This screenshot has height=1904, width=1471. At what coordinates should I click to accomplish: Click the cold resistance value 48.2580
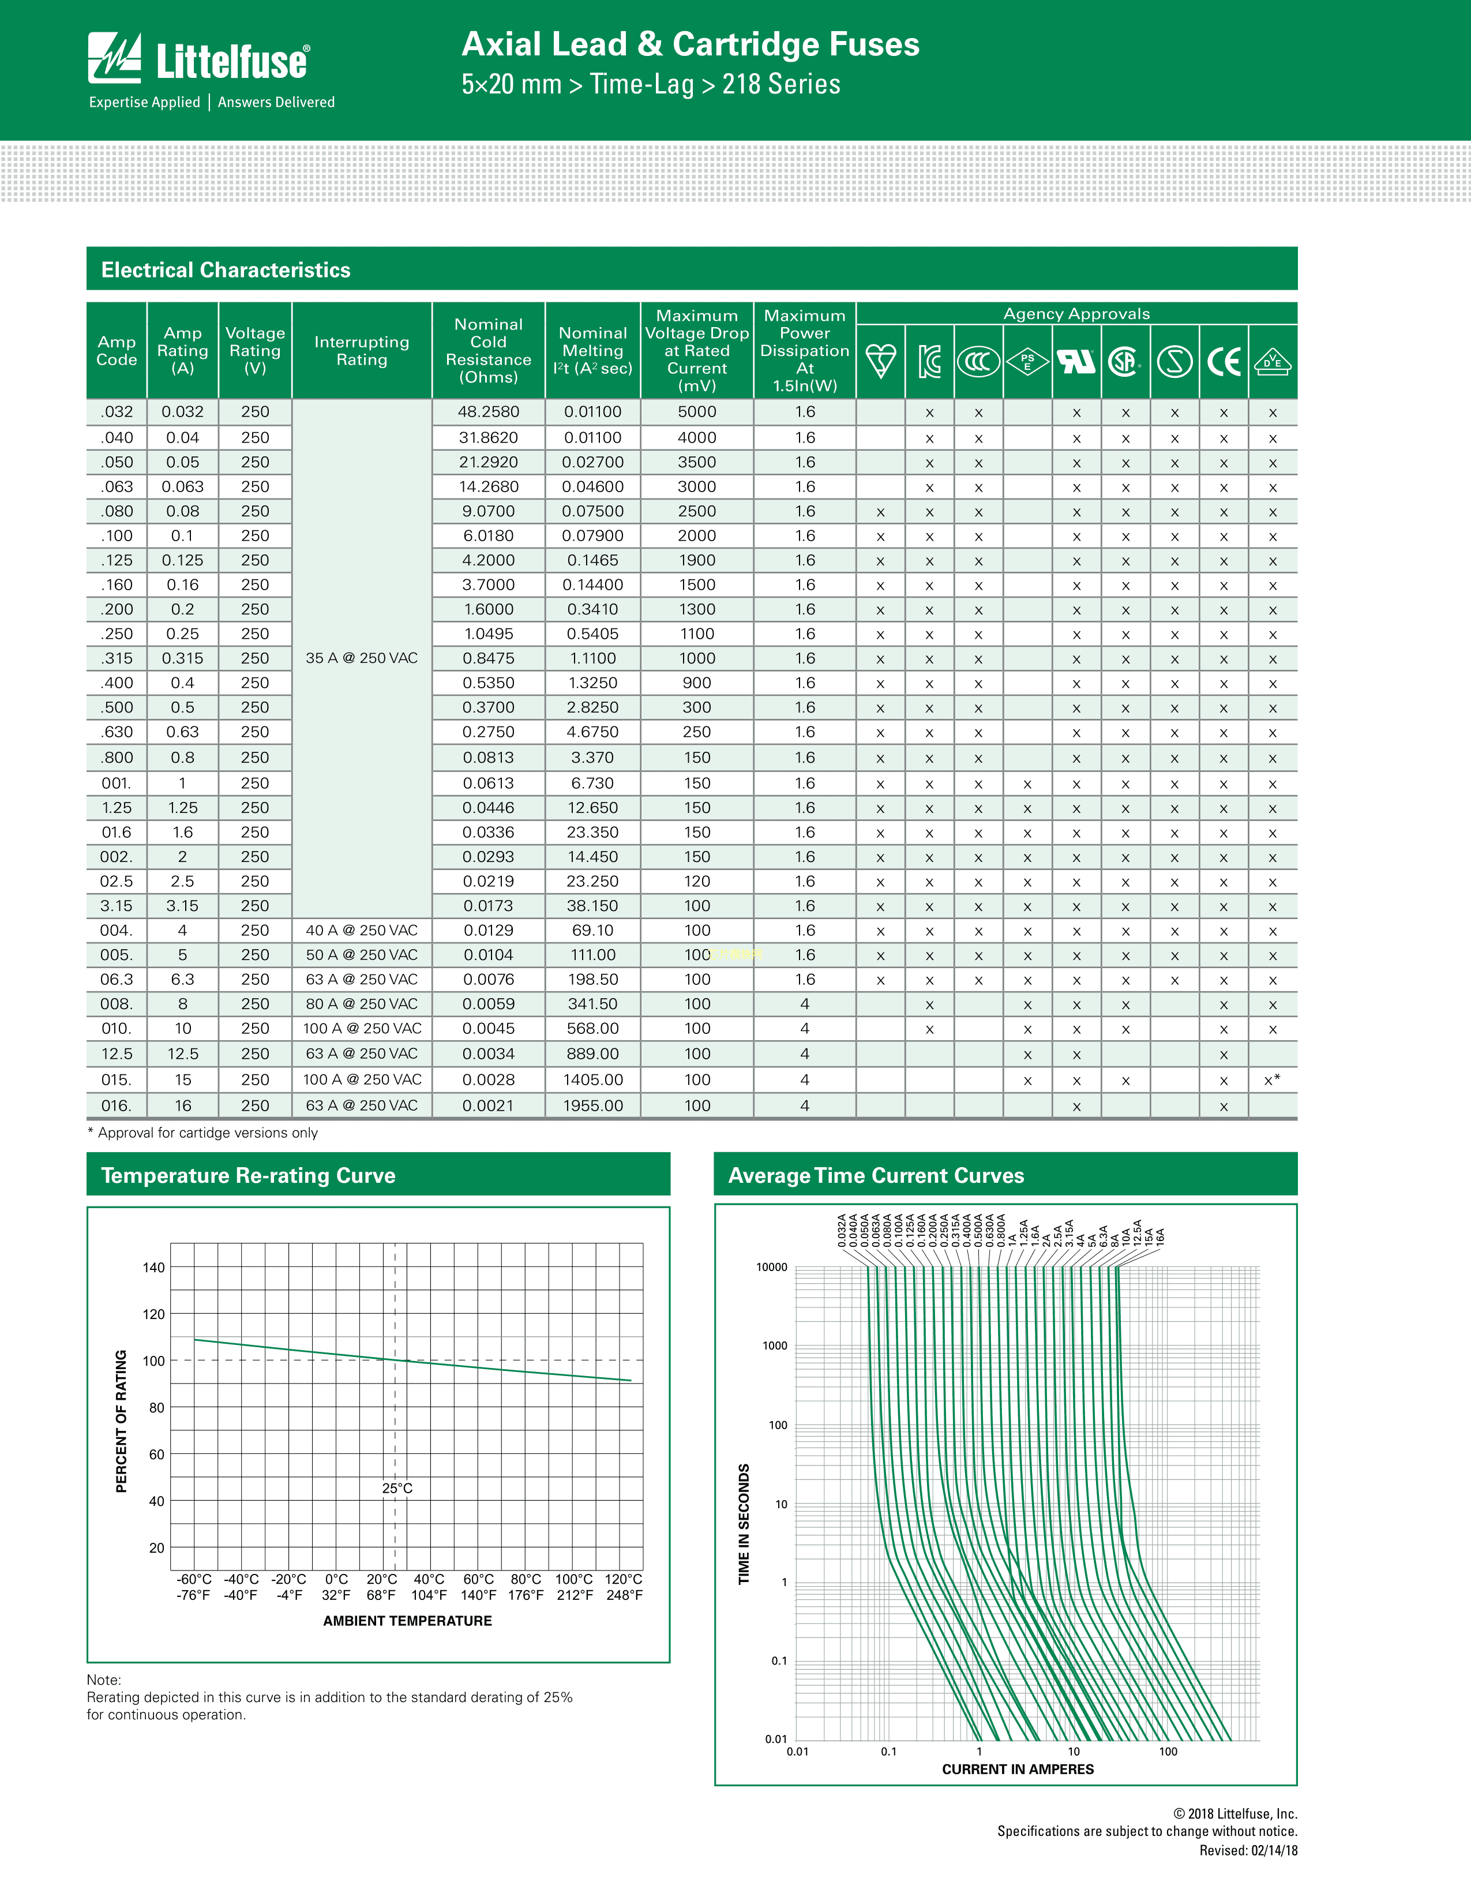coord(488,411)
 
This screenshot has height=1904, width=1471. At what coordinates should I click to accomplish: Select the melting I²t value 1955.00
coord(592,1105)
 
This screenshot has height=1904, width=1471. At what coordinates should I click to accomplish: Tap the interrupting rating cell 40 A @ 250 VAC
coord(362,930)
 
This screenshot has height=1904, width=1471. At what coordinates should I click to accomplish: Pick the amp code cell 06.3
coord(117,979)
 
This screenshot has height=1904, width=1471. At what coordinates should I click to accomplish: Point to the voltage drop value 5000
coord(697,411)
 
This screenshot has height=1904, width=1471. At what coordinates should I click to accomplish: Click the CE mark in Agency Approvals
coord(1224,361)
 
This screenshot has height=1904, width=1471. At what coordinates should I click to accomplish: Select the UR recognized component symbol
coord(1076,361)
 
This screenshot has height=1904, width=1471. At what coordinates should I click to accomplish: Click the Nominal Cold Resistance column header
coord(488,350)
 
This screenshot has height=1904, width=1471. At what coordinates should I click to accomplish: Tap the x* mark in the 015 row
coord(1273,1080)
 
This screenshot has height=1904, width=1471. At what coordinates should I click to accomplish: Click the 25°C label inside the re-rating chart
coord(397,1488)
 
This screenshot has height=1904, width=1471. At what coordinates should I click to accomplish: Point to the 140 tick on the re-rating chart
coord(153,1268)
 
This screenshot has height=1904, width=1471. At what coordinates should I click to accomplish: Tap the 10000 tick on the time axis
coord(771,1268)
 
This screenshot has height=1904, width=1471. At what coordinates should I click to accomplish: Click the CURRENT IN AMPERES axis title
coord(1018,1769)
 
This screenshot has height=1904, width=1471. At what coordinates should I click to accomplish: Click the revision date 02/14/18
coord(1274,1850)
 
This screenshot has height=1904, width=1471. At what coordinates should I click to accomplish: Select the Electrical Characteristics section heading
coord(226,269)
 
